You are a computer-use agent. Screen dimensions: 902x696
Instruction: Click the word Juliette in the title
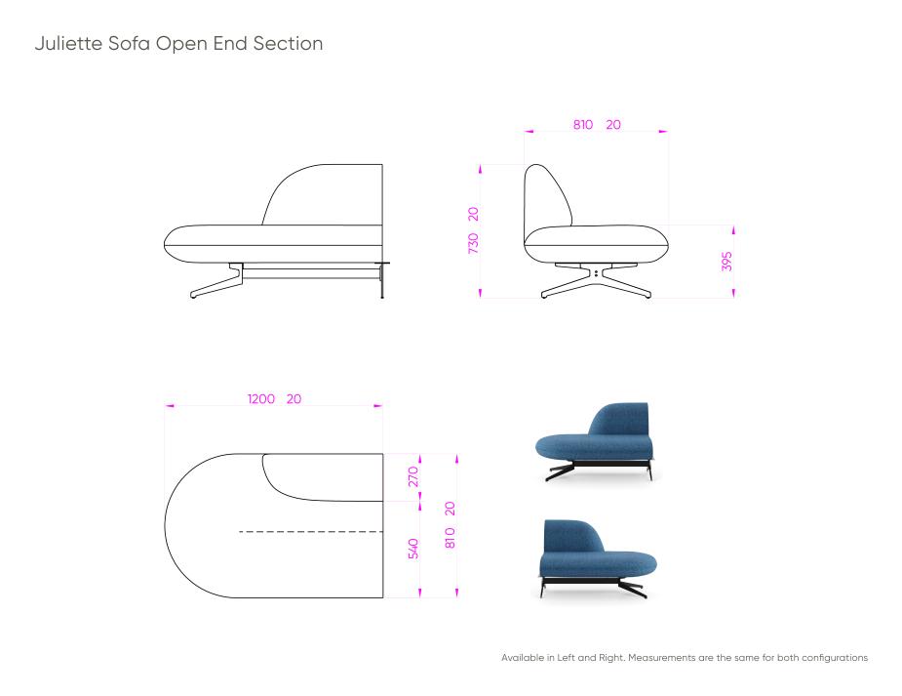click(x=69, y=44)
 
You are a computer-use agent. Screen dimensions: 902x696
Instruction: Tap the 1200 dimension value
click(x=261, y=399)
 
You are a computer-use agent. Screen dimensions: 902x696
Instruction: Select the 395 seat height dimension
click(x=727, y=261)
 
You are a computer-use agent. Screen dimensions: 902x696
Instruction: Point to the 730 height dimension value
click(x=473, y=243)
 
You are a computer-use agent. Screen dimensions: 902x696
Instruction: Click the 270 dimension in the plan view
click(x=413, y=476)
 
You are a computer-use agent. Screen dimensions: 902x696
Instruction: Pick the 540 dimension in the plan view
click(x=413, y=548)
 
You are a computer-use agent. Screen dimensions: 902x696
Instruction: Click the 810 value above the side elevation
click(x=583, y=124)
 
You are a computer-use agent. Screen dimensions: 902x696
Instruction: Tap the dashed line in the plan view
click(x=311, y=531)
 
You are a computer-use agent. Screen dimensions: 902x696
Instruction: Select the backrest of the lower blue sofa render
click(x=569, y=537)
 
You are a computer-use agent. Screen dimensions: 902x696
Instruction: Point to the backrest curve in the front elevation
click(x=288, y=179)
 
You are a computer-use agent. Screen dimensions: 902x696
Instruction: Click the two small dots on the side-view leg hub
click(x=597, y=272)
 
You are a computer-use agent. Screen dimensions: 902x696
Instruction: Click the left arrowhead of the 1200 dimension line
click(x=169, y=406)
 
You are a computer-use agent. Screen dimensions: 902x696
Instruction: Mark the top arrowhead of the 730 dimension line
click(x=481, y=169)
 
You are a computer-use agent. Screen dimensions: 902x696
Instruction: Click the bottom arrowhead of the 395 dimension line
click(x=733, y=293)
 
